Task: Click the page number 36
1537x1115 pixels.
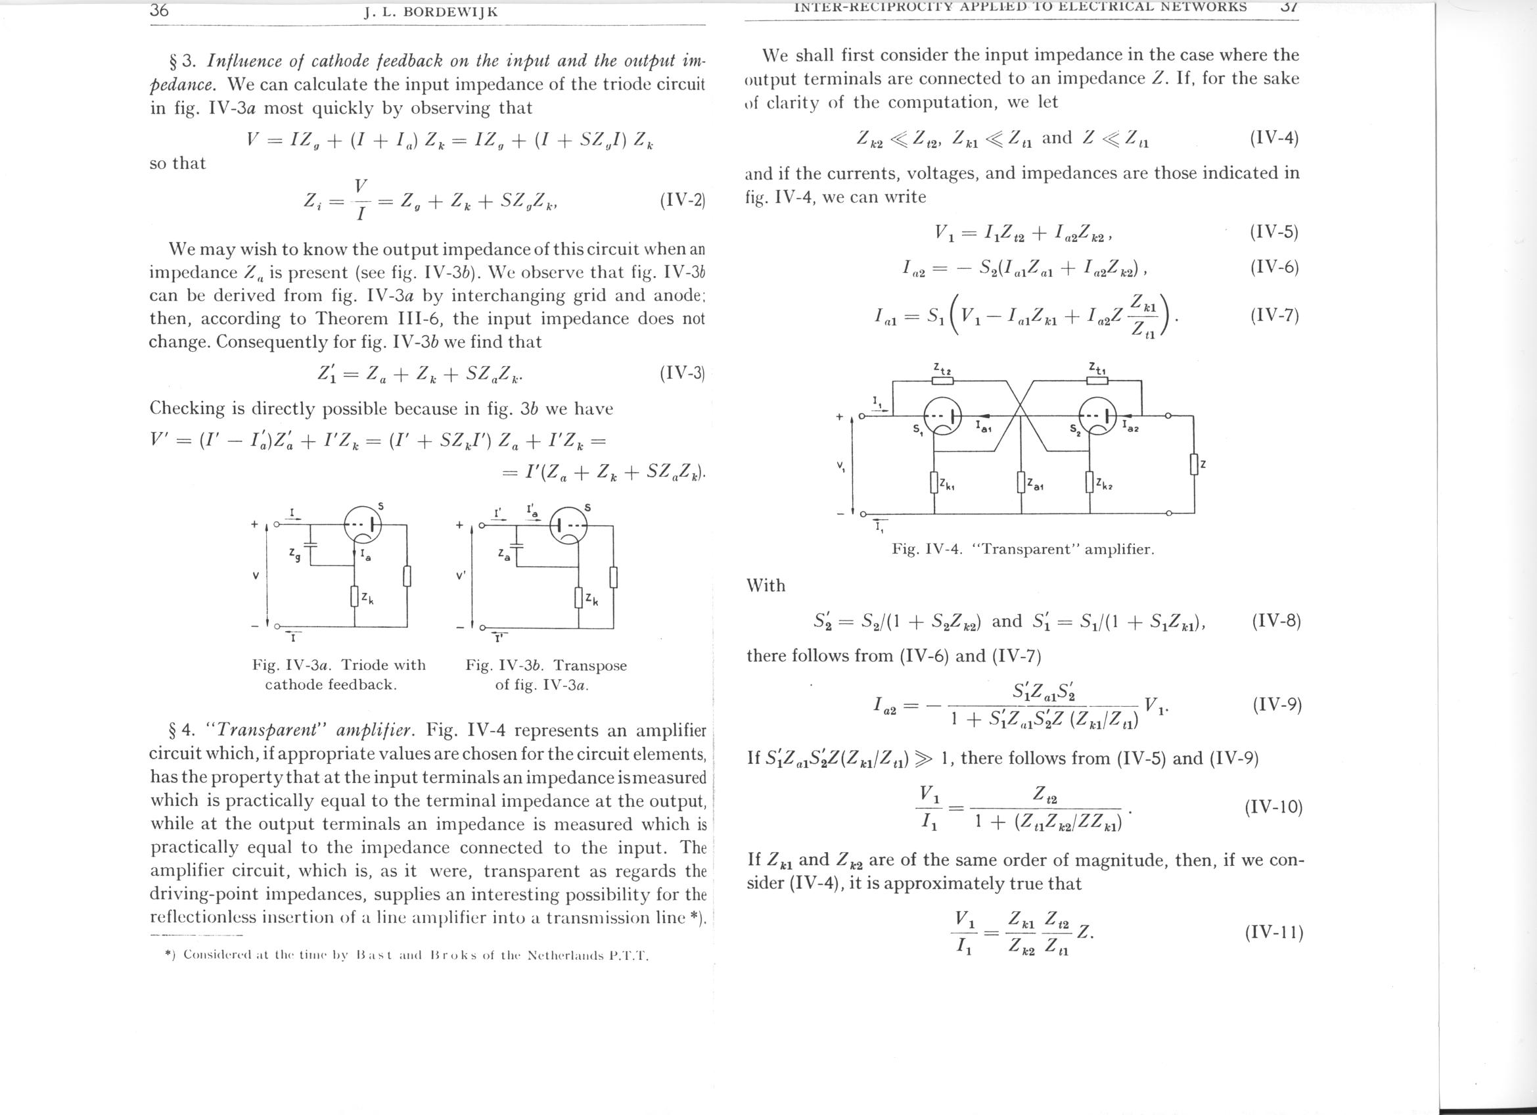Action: pyautogui.click(x=159, y=10)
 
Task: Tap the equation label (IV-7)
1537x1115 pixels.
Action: pyautogui.click(x=1274, y=316)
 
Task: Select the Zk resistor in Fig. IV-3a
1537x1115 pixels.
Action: pyautogui.click(x=354, y=596)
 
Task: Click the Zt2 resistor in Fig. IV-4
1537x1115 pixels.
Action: pyautogui.click(x=943, y=380)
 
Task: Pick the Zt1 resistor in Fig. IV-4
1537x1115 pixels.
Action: pyautogui.click(x=1097, y=379)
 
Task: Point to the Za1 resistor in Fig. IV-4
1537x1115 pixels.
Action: pyautogui.click(x=1021, y=483)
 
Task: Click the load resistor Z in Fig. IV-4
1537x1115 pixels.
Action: pyautogui.click(x=1194, y=464)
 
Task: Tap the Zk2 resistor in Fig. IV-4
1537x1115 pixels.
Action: pyautogui.click(x=1090, y=483)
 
